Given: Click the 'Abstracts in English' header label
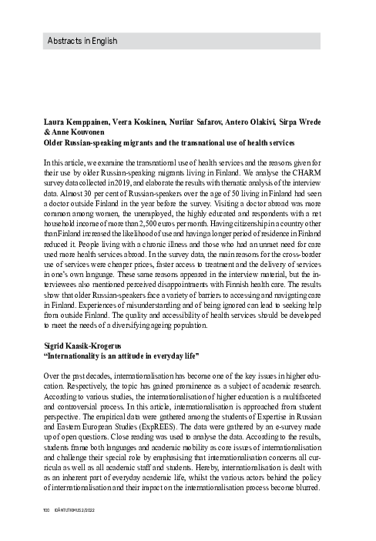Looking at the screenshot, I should pyautogui.click(x=81, y=40).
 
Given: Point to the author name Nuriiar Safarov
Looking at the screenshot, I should pyautogui.click(x=198, y=122).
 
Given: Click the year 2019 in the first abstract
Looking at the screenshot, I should pyautogui.click(x=123, y=185).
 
